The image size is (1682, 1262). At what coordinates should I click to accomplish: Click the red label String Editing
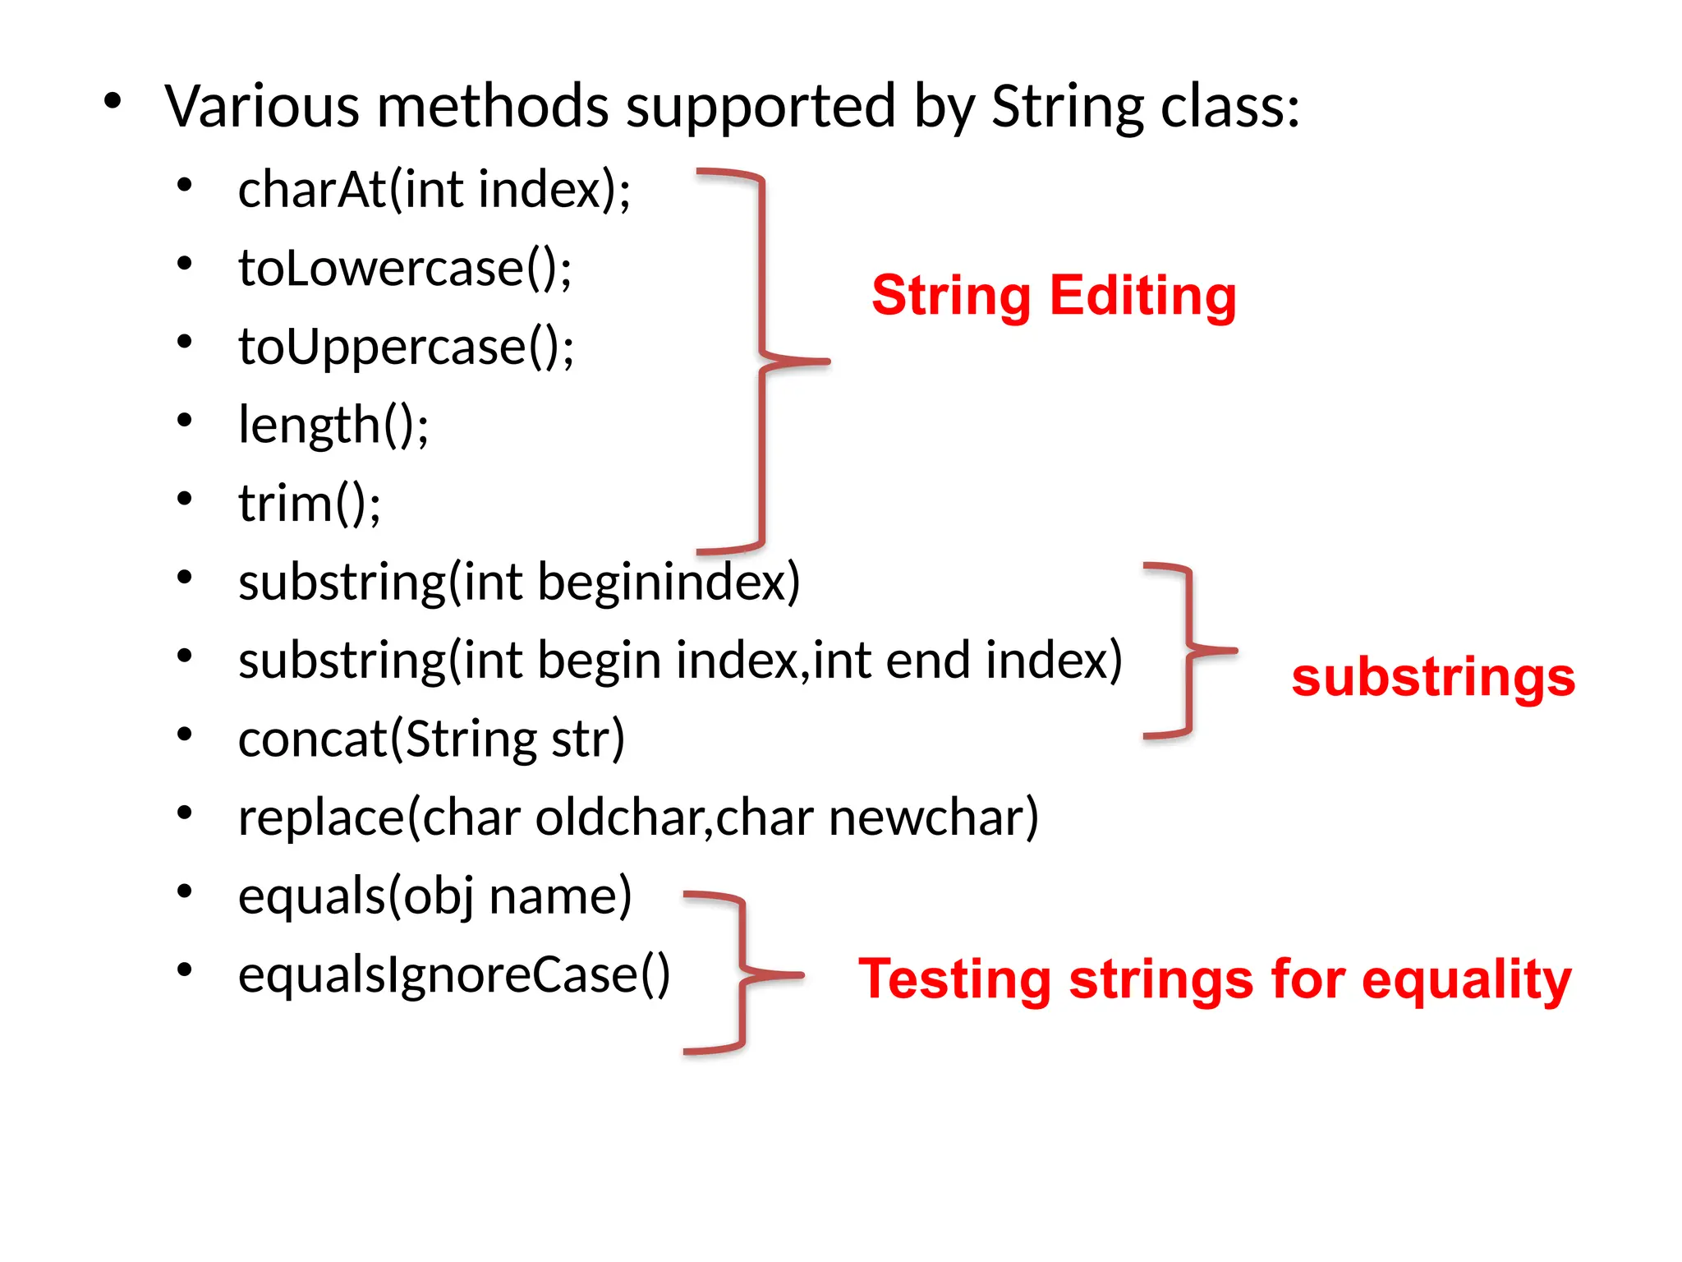(1054, 296)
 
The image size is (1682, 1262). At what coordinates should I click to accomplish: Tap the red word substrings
(1433, 678)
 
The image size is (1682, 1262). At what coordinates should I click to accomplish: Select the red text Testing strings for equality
(1215, 979)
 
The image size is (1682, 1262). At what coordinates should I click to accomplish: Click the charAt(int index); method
(434, 190)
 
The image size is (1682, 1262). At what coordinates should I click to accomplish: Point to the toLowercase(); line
(405, 269)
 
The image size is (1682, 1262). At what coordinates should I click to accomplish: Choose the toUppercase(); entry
(406, 347)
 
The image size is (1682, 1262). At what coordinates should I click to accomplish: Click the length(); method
(333, 426)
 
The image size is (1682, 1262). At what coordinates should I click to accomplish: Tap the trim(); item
(309, 504)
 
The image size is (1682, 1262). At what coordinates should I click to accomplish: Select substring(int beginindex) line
(518, 583)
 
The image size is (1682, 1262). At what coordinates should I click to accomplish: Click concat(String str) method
(431, 739)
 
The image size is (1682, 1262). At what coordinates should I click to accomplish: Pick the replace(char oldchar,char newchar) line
(638, 818)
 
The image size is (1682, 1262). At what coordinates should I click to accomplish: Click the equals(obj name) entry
(434, 896)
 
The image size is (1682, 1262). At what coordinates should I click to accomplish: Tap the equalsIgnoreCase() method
(453, 975)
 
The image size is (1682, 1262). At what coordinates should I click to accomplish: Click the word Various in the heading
(262, 107)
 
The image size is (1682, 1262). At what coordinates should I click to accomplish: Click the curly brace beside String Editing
(763, 361)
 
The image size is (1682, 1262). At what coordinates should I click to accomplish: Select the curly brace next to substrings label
(1188, 651)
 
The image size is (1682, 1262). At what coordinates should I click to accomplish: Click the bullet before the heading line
(113, 102)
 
